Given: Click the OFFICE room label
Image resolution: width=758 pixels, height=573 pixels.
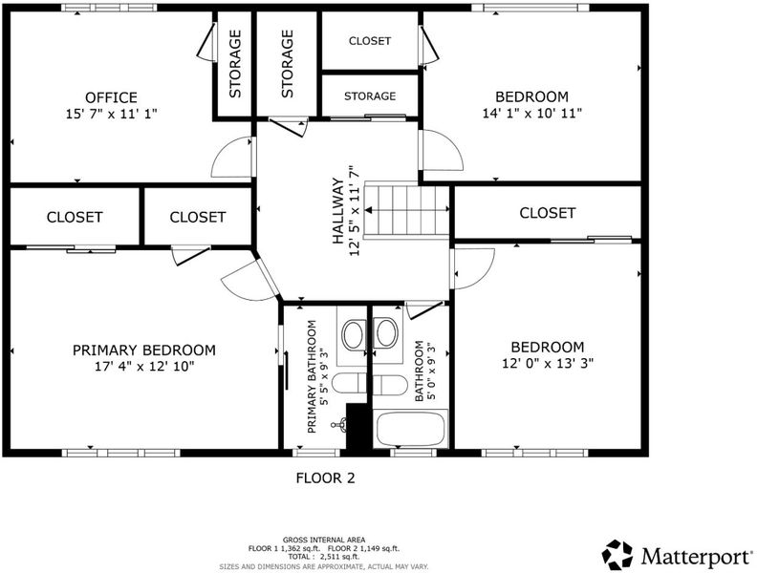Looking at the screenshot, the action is [111, 97].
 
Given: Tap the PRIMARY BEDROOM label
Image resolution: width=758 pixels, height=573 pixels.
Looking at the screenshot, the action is [144, 350].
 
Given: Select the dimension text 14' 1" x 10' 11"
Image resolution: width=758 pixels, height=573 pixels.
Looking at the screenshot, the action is [531, 113].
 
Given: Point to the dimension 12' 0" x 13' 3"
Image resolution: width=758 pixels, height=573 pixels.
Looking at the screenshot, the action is [548, 363].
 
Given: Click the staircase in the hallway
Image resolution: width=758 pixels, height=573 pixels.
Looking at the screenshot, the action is [407, 210].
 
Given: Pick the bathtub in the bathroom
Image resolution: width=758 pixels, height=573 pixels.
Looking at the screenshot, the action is [410, 429].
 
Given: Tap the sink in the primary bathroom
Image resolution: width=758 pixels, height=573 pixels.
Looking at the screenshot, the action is [354, 334].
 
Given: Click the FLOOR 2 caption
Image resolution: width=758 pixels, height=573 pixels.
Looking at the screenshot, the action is [325, 478].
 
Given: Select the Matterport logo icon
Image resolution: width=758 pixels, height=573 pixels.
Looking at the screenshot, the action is [617, 555].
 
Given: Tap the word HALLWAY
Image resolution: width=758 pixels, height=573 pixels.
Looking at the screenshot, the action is [338, 211].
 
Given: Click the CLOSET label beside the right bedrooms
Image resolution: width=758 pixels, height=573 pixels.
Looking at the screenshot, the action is [547, 213].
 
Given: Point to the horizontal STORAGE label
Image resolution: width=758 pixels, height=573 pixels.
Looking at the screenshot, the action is [370, 96].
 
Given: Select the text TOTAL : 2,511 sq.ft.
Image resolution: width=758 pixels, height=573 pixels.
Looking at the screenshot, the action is [324, 557].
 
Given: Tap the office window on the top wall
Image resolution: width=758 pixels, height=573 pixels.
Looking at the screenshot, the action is [109, 8].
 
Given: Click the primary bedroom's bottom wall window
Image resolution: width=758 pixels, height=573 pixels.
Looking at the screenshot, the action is [120, 454].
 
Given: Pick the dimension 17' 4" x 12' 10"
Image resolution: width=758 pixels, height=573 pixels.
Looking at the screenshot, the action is [144, 367].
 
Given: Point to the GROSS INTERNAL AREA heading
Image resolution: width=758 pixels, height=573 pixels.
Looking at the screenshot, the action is [324, 540].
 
